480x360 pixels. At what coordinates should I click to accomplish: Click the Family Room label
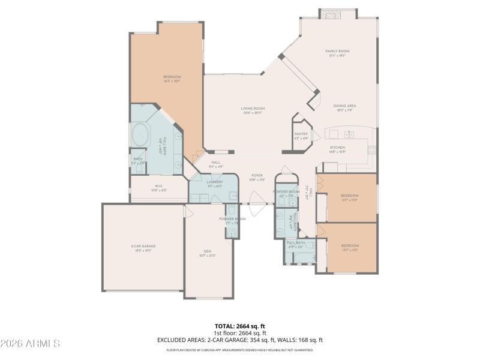tap(337, 52)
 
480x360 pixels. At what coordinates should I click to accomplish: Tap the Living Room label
tap(254, 109)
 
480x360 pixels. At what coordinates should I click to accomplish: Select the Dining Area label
tap(345, 106)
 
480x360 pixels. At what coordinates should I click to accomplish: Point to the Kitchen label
tap(337, 148)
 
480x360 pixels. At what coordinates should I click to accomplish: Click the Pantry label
tap(301, 134)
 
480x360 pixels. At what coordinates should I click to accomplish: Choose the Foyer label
tap(257, 176)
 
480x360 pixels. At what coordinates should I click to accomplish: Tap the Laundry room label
tap(215, 182)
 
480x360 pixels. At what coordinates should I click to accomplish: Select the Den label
tap(208, 251)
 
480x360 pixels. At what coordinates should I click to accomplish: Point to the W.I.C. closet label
tap(159, 186)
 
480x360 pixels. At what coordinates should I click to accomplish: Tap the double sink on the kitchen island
tap(349, 134)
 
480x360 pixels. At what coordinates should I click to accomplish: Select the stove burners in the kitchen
tap(372, 148)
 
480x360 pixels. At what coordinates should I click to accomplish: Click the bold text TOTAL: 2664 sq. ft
tap(239, 326)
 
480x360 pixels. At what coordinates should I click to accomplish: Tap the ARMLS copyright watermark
tap(30, 344)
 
